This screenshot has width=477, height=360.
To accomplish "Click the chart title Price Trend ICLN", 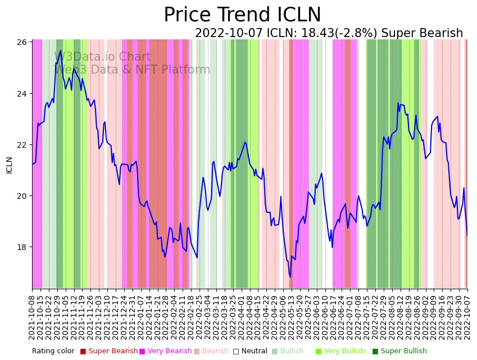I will [x=242, y=15].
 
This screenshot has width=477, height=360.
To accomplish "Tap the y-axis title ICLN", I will [x=9, y=165].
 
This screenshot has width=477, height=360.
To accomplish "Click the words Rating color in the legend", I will [x=53, y=352].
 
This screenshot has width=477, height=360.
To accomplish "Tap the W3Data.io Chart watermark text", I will [x=102, y=57].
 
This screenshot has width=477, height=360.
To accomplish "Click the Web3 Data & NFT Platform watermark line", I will [x=132, y=70].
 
